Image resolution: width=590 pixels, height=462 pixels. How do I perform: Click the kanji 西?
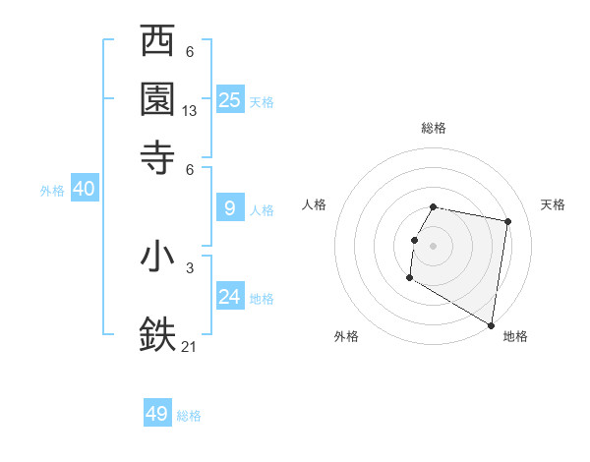coord(158,43)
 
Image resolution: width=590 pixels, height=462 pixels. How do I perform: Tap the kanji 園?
coord(158,99)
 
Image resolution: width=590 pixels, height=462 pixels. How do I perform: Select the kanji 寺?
coord(158,156)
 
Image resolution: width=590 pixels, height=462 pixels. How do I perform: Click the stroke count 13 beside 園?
coord(190,112)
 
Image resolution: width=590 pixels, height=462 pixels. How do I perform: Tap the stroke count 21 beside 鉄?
coord(190,346)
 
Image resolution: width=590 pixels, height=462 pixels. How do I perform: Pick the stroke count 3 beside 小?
coord(190,267)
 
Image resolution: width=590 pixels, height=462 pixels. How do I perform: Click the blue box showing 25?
coord(230,100)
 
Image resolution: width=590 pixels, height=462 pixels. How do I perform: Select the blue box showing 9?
coord(230,208)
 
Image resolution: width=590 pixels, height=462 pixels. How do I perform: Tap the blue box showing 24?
coord(230,297)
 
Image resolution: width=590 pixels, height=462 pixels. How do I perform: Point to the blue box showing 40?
coord(84,190)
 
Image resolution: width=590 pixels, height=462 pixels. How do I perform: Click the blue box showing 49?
coord(157,414)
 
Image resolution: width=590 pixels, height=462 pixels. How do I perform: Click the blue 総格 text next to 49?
coord(189,416)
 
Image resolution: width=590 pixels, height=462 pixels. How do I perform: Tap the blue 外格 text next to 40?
coord(52,192)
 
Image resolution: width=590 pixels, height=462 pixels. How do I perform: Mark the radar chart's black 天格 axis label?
coord(553,204)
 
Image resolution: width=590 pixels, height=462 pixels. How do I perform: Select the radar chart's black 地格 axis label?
coord(515,336)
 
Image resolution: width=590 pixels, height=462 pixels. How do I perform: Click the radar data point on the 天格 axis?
coord(507,223)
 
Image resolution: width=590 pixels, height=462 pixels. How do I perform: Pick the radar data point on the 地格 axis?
coord(492,325)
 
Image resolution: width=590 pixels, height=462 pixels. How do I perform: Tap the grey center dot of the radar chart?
coord(433,245)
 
